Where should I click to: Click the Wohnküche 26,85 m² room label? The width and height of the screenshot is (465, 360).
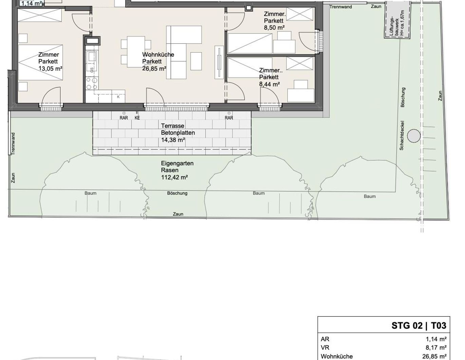pos(158,61)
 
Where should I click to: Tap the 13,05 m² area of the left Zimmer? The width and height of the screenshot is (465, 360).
pos(50,69)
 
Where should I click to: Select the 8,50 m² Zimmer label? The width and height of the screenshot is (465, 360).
pos(275,21)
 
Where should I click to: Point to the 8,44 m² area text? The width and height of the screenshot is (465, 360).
pos(269,84)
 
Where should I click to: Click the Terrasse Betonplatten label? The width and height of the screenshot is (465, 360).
pos(178,129)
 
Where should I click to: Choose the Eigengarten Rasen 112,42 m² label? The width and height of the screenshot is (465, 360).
pos(177,170)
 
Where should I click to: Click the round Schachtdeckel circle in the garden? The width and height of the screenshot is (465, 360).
pos(414,136)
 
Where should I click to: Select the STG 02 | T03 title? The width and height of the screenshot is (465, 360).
pos(419,326)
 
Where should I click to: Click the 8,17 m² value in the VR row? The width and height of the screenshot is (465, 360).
pos(436,347)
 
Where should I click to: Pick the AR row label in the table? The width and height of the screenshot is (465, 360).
pos(325,339)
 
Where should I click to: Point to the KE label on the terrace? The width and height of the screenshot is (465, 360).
pos(137,118)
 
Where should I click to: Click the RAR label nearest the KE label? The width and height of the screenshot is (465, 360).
pos(124,118)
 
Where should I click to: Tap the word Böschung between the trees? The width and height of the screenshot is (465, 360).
pos(177,193)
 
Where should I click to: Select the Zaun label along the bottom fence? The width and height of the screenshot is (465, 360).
pos(178,214)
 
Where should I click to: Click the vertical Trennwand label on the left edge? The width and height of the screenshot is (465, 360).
pos(13,144)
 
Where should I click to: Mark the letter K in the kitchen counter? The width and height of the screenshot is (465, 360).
pos(118,97)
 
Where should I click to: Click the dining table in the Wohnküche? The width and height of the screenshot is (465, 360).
pos(136,52)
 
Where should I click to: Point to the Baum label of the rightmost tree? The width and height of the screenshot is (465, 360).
pos(370,196)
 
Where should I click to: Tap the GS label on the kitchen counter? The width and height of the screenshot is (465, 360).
pos(92,70)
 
